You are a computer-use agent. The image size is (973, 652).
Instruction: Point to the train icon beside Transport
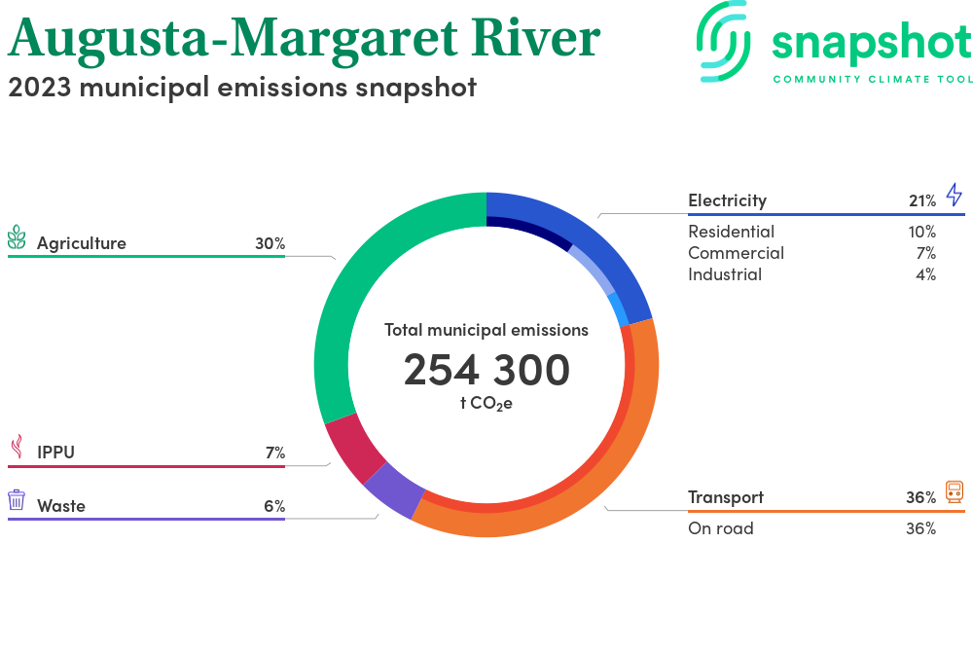click(x=955, y=491)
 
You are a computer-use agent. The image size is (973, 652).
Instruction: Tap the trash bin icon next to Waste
click(x=17, y=500)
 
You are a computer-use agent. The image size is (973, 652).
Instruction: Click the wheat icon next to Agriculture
click(x=17, y=237)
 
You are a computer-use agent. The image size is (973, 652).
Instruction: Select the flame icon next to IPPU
click(x=17, y=447)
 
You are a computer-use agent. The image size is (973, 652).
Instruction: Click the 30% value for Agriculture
click(x=270, y=243)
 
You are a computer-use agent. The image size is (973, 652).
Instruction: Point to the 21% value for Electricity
click(x=921, y=200)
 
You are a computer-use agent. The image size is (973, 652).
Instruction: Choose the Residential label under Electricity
click(x=731, y=232)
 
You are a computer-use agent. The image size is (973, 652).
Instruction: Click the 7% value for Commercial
click(x=925, y=253)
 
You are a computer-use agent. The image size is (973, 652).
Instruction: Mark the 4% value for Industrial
click(x=925, y=274)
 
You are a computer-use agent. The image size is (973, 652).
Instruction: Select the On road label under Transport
click(x=720, y=528)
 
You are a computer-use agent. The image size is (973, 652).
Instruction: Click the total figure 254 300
click(x=486, y=370)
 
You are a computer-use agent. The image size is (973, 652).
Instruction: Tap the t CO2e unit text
click(x=486, y=403)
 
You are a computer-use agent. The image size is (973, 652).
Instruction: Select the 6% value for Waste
click(x=273, y=506)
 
